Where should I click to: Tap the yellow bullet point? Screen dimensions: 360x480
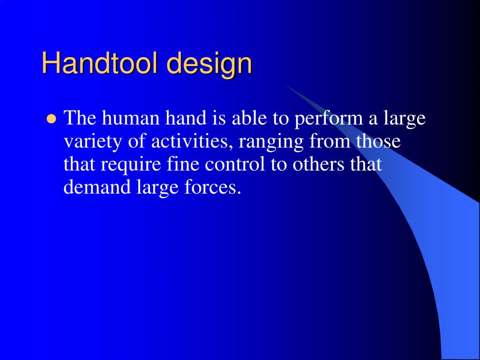(51, 119)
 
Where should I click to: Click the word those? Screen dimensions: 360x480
(378, 141)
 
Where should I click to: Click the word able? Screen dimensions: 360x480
(248, 118)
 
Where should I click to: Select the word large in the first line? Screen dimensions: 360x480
(405, 119)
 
